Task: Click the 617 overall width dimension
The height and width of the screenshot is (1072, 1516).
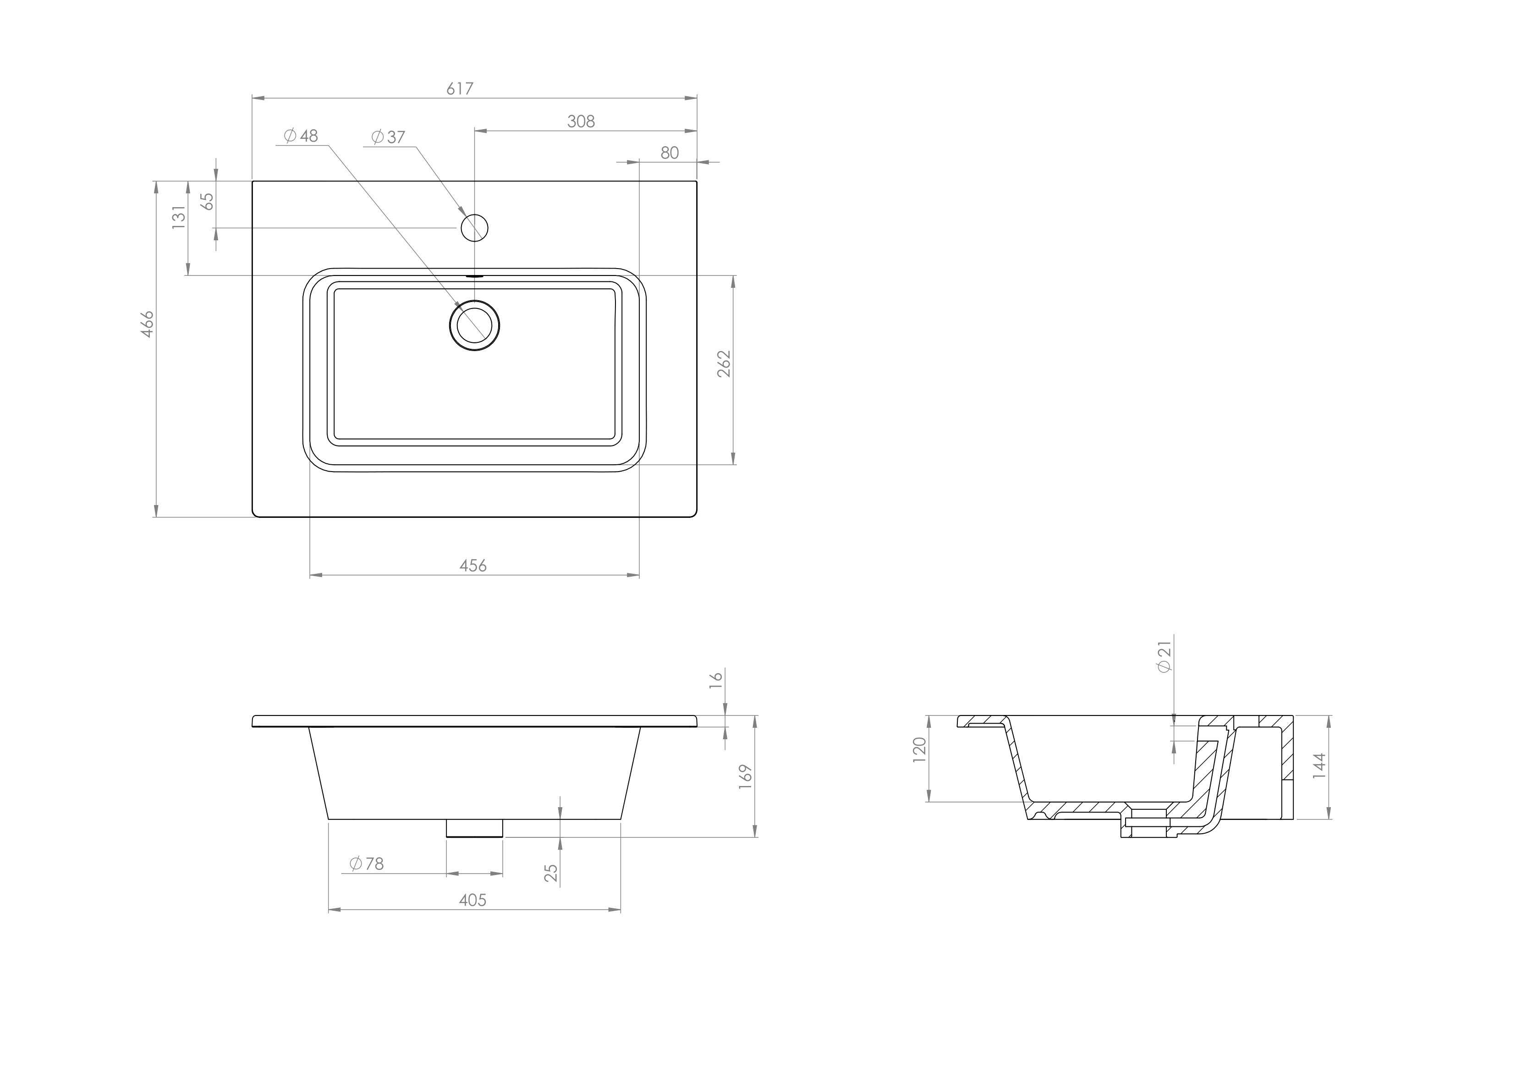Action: pyautogui.click(x=460, y=88)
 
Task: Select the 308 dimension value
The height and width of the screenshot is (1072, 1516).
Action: pyautogui.click(x=581, y=121)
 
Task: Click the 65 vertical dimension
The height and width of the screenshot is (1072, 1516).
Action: pyautogui.click(x=207, y=201)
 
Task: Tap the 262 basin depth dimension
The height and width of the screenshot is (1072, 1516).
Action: pyautogui.click(x=725, y=363)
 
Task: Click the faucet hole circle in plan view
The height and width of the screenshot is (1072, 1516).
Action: pyautogui.click(x=474, y=228)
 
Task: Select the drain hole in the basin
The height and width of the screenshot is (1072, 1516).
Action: pyautogui.click(x=474, y=325)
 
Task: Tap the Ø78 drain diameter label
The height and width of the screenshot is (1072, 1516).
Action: pyautogui.click(x=367, y=863)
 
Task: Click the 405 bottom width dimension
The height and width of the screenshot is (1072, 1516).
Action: pyautogui.click(x=473, y=900)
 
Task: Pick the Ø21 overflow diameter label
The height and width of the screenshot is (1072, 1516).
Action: pyautogui.click(x=1164, y=656)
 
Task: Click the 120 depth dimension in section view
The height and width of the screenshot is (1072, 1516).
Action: pyautogui.click(x=920, y=750)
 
